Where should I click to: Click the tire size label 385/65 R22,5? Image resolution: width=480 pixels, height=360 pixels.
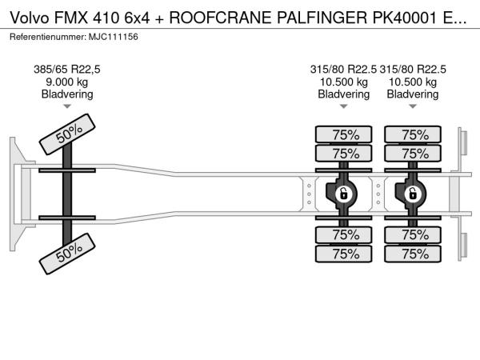[x=66, y=69]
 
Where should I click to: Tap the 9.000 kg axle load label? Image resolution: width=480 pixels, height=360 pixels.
[x=66, y=82]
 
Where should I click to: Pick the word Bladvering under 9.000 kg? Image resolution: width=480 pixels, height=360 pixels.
[x=66, y=94]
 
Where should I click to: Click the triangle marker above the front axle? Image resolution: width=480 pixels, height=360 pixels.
[x=66, y=106]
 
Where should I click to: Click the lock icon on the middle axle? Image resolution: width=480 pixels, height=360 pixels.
[x=343, y=193]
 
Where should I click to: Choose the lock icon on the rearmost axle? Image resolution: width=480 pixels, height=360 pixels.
[x=412, y=193]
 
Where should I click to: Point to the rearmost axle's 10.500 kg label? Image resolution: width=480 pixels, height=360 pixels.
[x=412, y=82]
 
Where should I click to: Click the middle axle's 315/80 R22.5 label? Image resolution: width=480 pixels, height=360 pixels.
[x=343, y=69]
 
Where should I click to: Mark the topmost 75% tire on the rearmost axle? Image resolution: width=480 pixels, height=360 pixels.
[x=413, y=134]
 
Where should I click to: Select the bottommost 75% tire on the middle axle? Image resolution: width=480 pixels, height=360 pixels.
[x=344, y=254]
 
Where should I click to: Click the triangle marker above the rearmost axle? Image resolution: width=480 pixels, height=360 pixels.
[x=412, y=106]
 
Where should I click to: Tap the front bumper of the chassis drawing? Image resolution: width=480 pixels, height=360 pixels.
[x=15, y=193]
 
